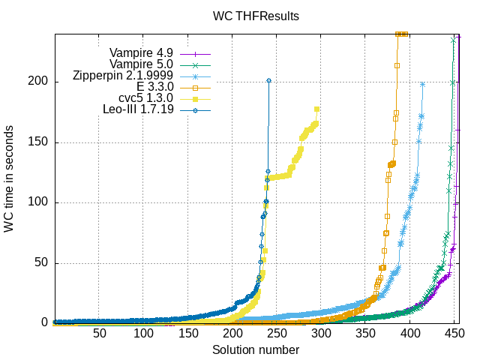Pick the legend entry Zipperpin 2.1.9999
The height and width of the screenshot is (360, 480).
pyautogui.click(x=124, y=76)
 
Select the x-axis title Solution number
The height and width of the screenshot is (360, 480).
pyautogui.click(x=256, y=350)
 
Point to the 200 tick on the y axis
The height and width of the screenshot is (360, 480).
pyautogui.click(x=38, y=81)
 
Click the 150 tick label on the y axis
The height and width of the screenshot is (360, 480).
pyautogui.click(x=38, y=142)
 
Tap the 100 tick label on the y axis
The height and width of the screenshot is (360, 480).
pyautogui.click(x=38, y=202)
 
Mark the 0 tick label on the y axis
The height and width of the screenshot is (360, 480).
pyautogui.click(x=44, y=323)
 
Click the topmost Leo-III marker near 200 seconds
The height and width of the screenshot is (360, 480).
pyautogui.click(x=268, y=80)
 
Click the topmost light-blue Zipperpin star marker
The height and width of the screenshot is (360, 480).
pyautogui.click(x=424, y=84)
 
